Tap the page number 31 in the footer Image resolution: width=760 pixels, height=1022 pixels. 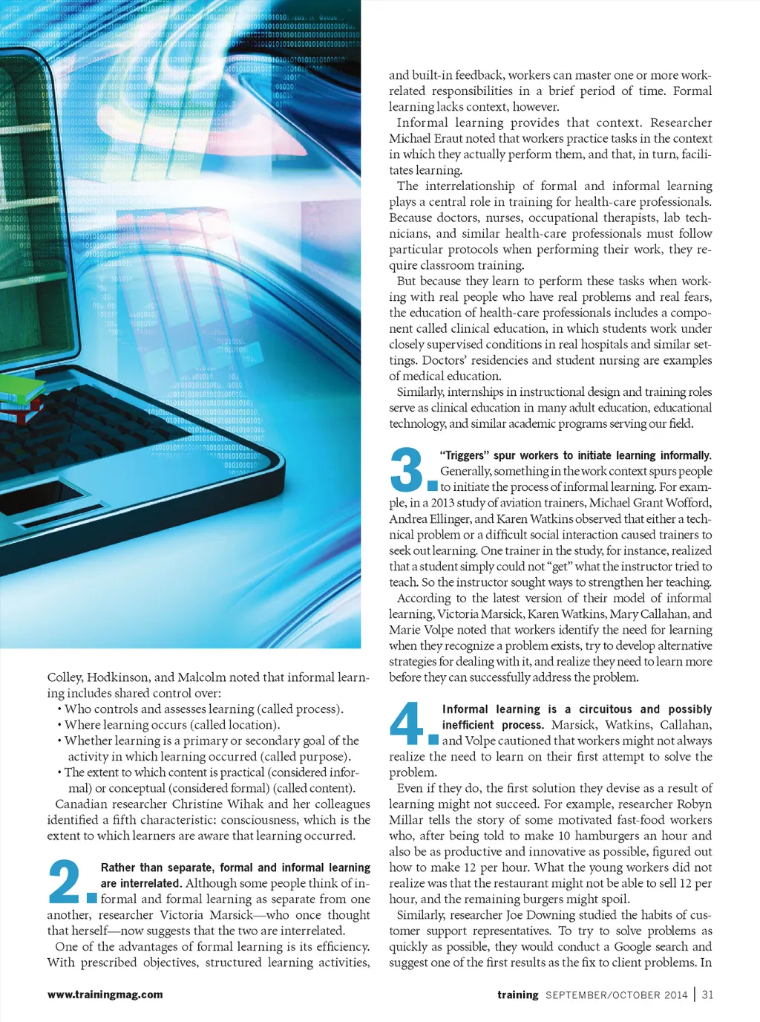(x=707, y=995)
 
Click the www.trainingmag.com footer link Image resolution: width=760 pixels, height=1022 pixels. (x=105, y=995)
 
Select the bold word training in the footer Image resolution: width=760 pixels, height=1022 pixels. (x=517, y=995)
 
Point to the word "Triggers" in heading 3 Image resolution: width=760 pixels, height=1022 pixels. (x=465, y=455)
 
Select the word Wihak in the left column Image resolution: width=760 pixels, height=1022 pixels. (x=238, y=804)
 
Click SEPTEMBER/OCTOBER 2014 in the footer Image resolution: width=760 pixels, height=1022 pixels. (x=616, y=995)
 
